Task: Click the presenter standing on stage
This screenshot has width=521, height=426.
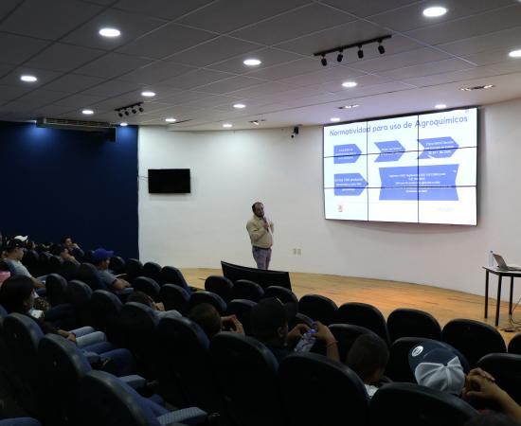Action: click(x=260, y=234)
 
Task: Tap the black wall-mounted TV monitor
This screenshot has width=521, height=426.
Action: click(x=169, y=181)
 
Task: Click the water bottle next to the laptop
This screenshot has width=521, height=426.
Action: click(x=492, y=258)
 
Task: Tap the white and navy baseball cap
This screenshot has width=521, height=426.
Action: click(x=440, y=365)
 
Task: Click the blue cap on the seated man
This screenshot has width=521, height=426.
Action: click(x=101, y=255)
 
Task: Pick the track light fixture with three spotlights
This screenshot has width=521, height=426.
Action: click(x=352, y=49)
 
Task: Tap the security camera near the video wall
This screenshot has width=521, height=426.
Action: click(x=295, y=132)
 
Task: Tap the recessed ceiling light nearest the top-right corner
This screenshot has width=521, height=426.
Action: click(x=435, y=11)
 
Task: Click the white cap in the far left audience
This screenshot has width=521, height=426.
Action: click(x=21, y=239)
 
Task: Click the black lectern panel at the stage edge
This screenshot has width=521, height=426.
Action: click(x=256, y=275)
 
